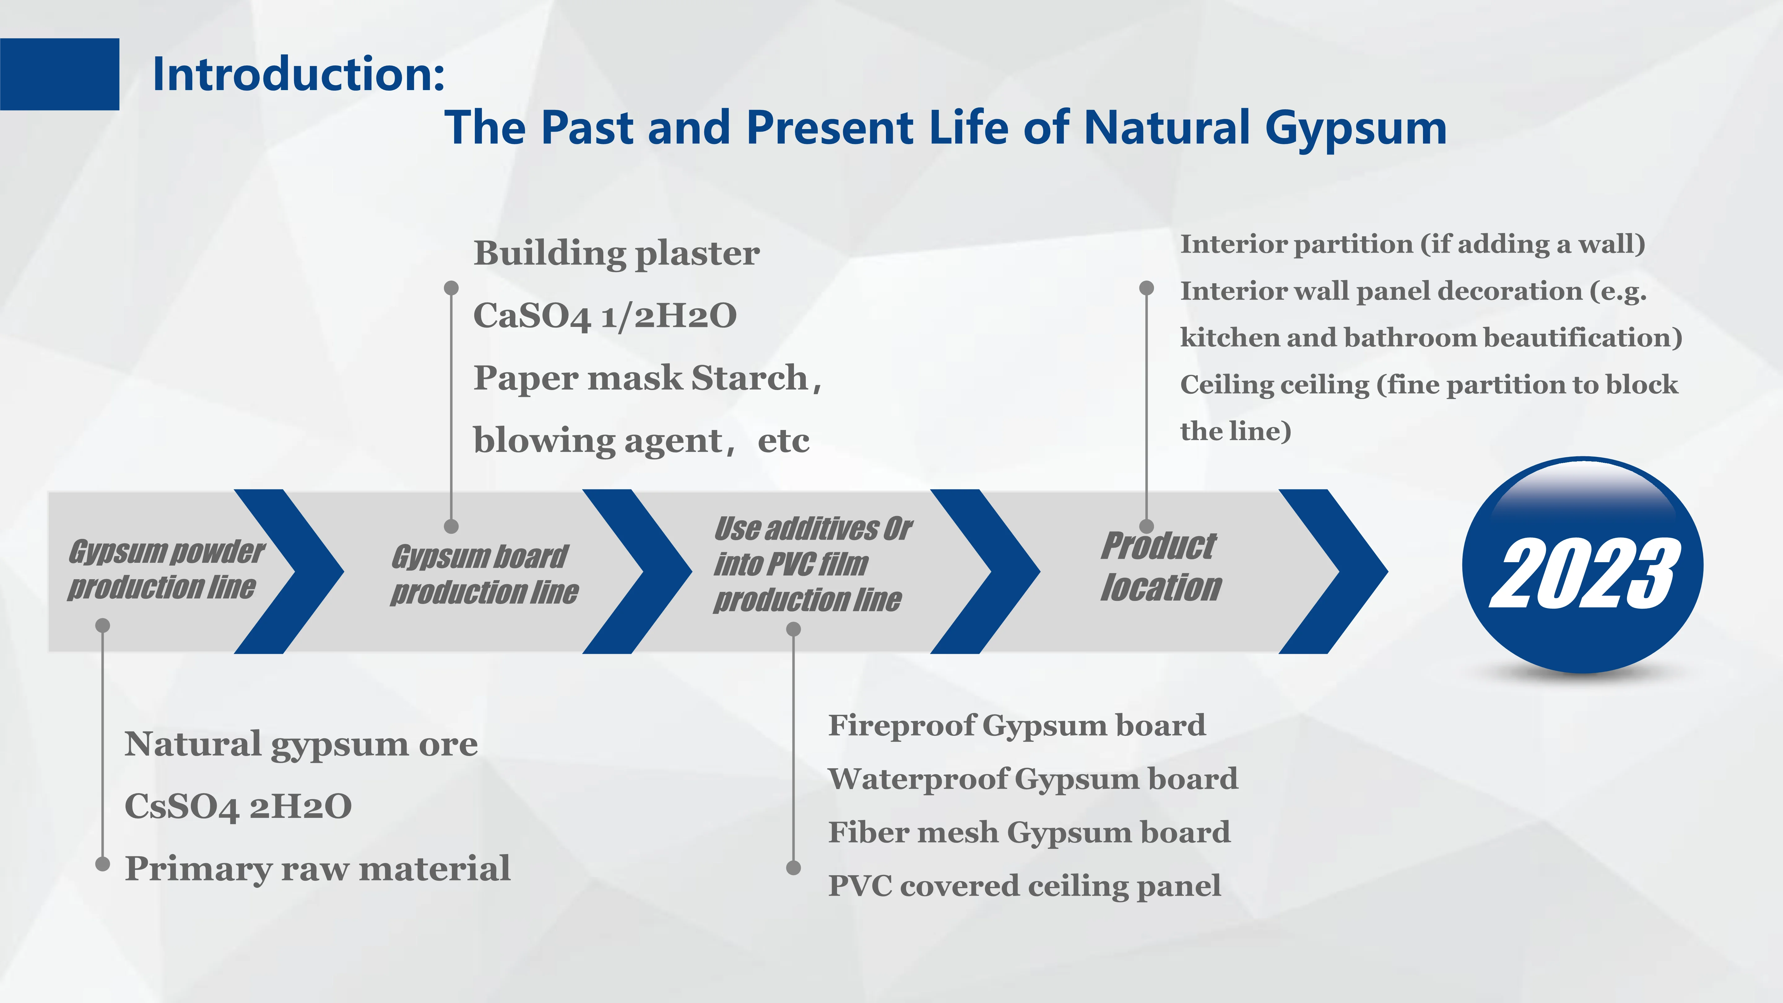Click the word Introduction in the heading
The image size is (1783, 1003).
click(297, 74)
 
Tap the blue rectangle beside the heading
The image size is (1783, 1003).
click(59, 74)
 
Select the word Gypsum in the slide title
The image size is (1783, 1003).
click(1355, 129)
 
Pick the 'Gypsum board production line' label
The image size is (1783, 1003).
click(483, 575)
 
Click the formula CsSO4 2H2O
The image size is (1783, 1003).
click(238, 806)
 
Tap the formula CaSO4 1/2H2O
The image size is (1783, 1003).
click(604, 316)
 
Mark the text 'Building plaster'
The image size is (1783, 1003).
click(616, 253)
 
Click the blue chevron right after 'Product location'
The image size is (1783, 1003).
click(1332, 571)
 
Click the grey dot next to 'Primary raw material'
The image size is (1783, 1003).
click(102, 864)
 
